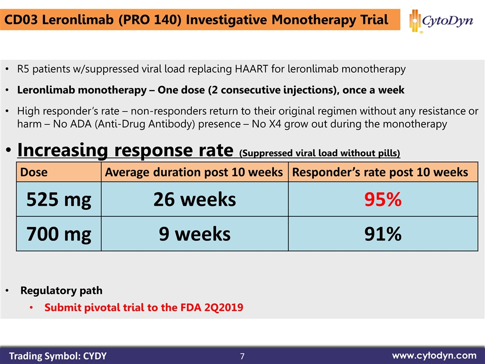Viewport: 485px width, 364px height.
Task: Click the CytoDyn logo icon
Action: point(415,21)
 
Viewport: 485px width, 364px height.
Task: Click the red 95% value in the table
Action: point(383,200)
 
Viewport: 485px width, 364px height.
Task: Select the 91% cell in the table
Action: point(383,234)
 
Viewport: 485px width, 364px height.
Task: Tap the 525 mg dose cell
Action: point(59,200)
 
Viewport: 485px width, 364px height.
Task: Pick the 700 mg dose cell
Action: point(59,234)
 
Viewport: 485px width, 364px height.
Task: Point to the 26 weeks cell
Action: point(195,200)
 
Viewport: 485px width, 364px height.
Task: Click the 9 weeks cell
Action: point(195,234)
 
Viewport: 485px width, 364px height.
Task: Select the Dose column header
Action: point(34,172)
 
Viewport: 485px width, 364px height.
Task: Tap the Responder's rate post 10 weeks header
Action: point(380,172)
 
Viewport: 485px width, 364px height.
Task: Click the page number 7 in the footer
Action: point(243,356)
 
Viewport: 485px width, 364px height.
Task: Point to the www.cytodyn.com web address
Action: point(434,355)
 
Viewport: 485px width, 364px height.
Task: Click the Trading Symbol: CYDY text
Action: point(58,356)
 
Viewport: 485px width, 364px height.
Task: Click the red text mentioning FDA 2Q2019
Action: point(143,307)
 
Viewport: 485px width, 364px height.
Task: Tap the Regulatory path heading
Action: point(61,291)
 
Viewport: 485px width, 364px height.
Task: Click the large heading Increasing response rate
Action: point(125,150)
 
